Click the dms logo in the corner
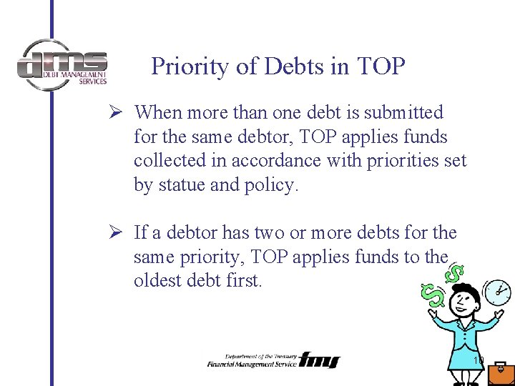point(62,65)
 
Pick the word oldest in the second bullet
point(157,281)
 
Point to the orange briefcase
point(501,373)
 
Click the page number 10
point(479,360)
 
